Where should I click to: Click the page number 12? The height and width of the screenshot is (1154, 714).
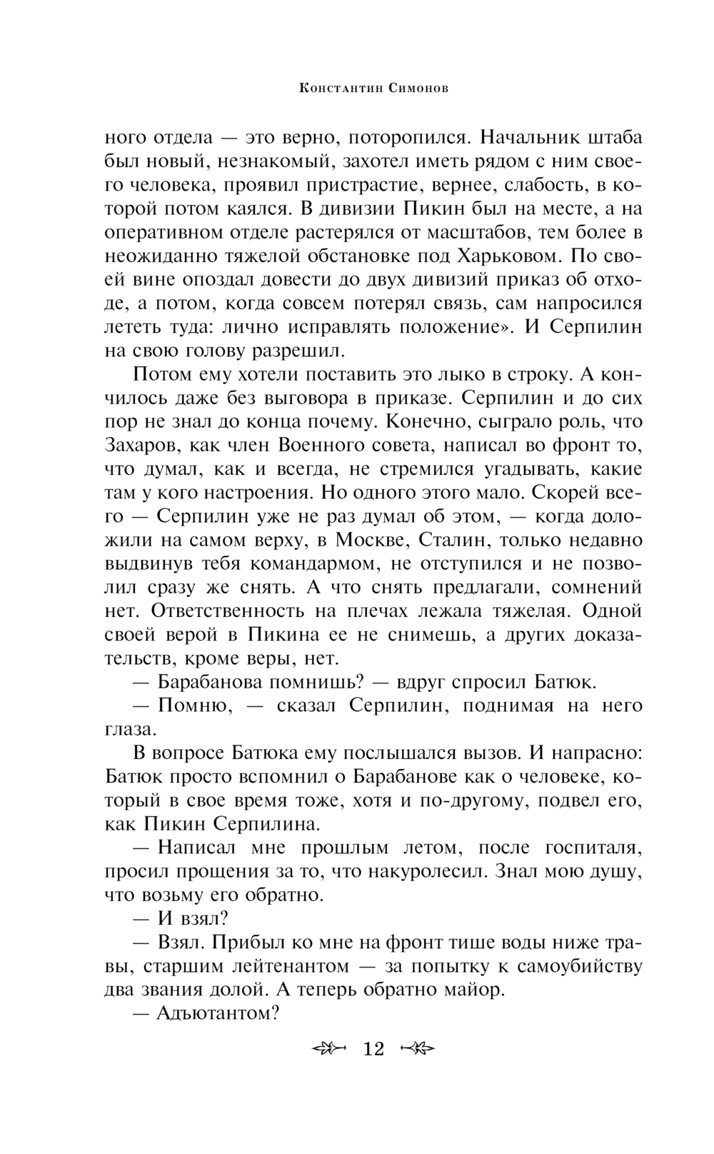pyautogui.click(x=373, y=1048)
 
